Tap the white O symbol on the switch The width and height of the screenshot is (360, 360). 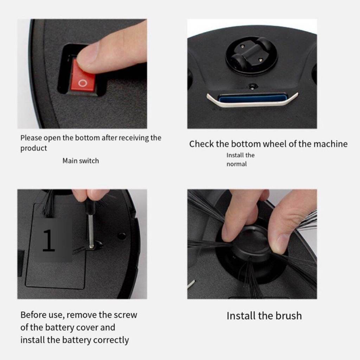[x=83, y=83]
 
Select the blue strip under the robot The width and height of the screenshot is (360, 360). [x=252, y=98]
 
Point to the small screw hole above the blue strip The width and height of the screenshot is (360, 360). [x=252, y=86]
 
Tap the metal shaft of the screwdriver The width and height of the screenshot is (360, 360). [x=91, y=230]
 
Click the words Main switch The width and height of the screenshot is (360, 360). [x=81, y=161]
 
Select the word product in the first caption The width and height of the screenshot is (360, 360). [x=33, y=148]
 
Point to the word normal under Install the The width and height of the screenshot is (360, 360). [x=237, y=164]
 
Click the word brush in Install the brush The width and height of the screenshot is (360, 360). [x=289, y=316]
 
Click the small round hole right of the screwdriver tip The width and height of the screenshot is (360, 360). [x=121, y=236]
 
